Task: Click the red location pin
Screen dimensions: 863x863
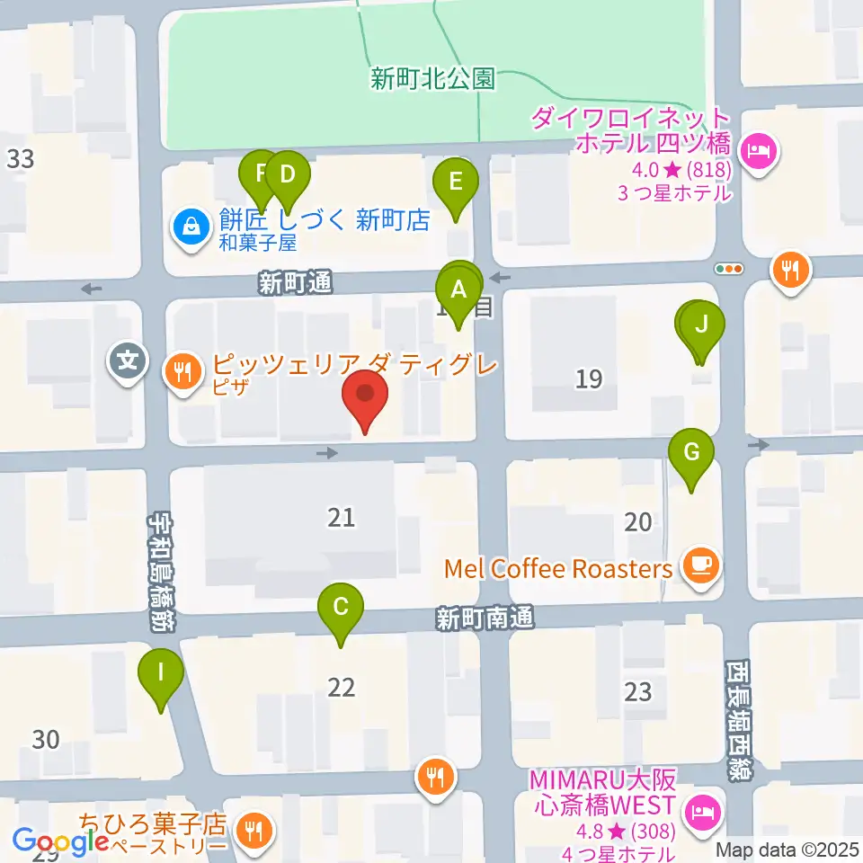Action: (365, 396)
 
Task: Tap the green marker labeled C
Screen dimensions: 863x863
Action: (341, 608)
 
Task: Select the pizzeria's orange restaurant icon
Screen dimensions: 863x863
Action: (184, 375)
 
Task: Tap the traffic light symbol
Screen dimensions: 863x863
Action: (728, 268)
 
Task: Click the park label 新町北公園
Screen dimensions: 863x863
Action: (432, 79)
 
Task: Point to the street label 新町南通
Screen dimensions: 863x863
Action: (485, 618)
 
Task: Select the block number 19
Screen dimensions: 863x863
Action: (589, 379)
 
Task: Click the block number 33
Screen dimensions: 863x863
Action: (20, 160)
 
